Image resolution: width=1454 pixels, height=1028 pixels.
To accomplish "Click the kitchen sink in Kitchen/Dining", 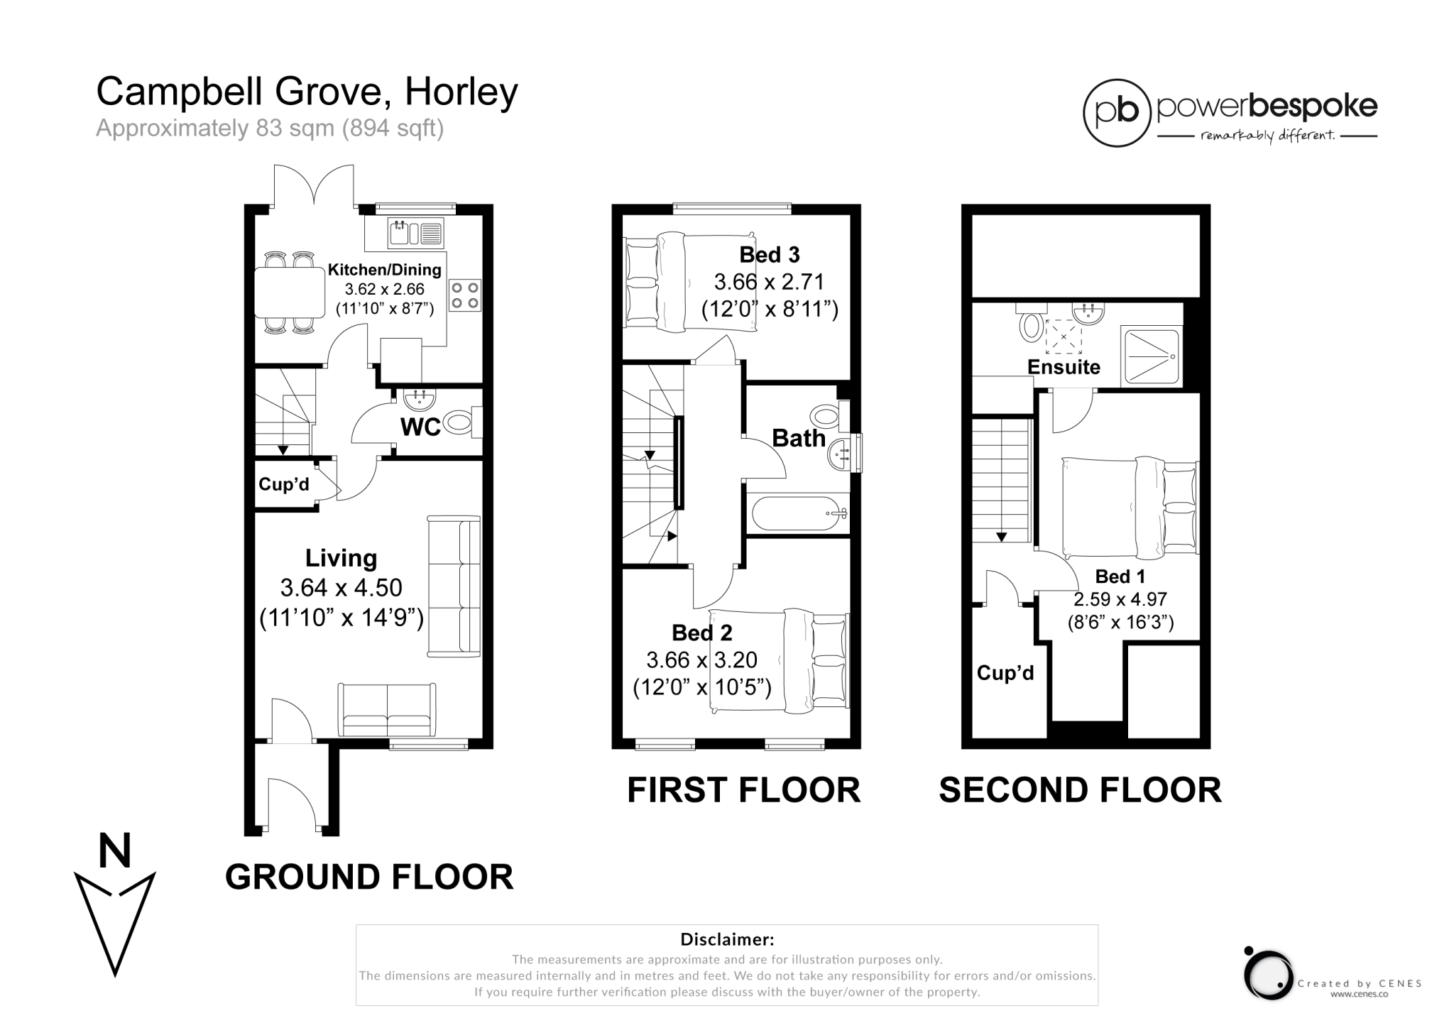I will pos(415,234).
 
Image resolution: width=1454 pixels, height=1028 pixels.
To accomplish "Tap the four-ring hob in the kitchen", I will pos(465,295).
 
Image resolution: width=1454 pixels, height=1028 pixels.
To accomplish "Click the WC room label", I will pos(420,427).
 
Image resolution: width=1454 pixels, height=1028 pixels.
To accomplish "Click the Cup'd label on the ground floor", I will pos(284,484).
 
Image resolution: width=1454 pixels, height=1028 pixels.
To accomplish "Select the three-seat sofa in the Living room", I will pos(454,586).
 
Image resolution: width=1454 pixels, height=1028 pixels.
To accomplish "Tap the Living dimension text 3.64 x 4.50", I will pos(341,588).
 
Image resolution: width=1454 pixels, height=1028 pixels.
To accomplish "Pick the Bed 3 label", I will pos(769,254).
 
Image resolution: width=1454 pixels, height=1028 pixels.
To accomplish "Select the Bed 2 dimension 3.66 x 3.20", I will pos(701,660).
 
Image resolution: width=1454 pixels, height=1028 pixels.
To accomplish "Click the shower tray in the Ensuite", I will pos(1151,356).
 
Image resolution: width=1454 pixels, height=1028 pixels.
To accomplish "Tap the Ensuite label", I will pos(1064,367).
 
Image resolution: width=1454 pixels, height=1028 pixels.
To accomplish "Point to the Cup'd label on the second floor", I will pos(1005,673).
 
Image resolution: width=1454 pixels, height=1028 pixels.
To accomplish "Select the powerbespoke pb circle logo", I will pos(1116,113).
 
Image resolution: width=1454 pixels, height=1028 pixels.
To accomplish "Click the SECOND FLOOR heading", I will pos(1080,790).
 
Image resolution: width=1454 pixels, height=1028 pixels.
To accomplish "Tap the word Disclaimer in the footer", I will pos(726,939).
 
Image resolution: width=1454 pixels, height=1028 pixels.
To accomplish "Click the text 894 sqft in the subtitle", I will pos(393,128).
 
